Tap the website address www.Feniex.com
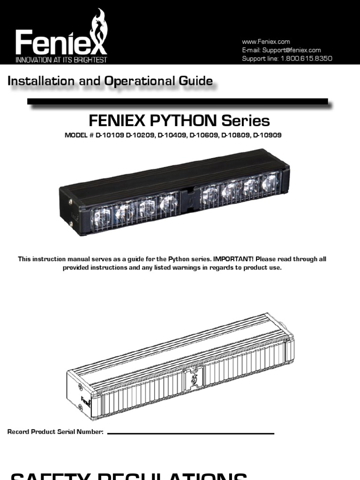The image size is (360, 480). pyautogui.click(x=266, y=42)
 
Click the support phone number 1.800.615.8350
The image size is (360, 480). pyautogui.click(x=306, y=59)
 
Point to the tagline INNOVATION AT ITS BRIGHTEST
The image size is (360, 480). pyautogui.click(x=61, y=60)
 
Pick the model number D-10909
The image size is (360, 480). pyautogui.click(x=268, y=135)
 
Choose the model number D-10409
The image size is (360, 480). pyautogui.click(x=172, y=135)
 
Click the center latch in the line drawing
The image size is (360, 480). pyautogui.click(x=192, y=378)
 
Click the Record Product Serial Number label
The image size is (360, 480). pyautogui.click(x=55, y=432)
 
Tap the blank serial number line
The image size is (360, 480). pyautogui.click(x=190, y=433)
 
